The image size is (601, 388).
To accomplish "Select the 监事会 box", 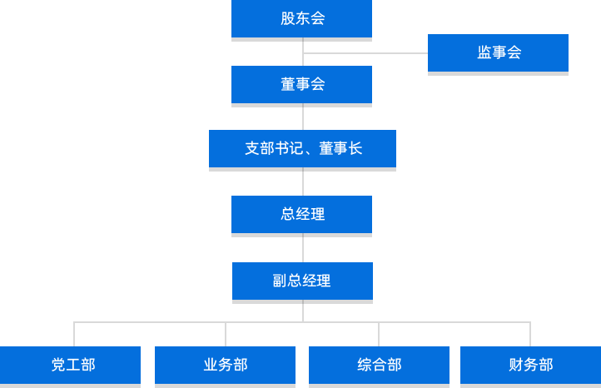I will pyautogui.click(x=498, y=53).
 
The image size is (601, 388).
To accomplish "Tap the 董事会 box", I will pyautogui.click(x=301, y=85).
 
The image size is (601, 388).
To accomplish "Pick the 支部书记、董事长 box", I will pyautogui.click(x=301, y=149).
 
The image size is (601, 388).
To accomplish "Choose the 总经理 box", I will pyautogui.click(x=301, y=214).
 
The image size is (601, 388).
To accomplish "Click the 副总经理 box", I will pyautogui.click(x=301, y=281).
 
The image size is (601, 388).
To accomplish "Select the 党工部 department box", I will pyautogui.click(x=72, y=366).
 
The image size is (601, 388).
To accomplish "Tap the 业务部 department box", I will pyautogui.click(x=225, y=366).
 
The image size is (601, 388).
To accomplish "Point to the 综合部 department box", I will pyautogui.click(x=379, y=366).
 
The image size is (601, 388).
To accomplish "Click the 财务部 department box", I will pyautogui.click(x=530, y=366).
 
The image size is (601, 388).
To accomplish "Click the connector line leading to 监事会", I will pyautogui.click(x=366, y=53).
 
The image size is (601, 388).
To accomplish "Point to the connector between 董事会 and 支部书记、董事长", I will pyautogui.click(x=302, y=117).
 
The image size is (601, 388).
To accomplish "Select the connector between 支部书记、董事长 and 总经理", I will pyautogui.click(x=302, y=182).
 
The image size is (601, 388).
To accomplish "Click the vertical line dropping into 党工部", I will pyautogui.click(x=73, y=333).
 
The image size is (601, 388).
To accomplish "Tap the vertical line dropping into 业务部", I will pyautogui.click(x=226, y=333).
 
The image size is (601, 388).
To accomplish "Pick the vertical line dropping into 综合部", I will pyautogui.click(x=379, y=333).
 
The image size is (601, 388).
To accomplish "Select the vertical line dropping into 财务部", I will pyautogui.click(x=530, y=333).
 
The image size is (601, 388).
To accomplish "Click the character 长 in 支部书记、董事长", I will pyautogui.click(x=355, y=149).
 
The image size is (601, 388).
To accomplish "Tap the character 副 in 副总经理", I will pyautogui.click(x=280, y=281).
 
